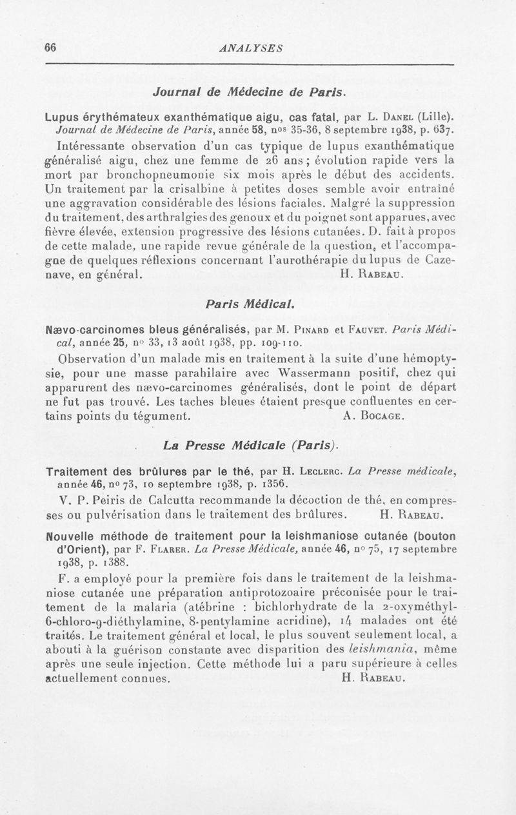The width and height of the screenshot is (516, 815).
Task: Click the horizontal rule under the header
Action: point(251,64)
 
